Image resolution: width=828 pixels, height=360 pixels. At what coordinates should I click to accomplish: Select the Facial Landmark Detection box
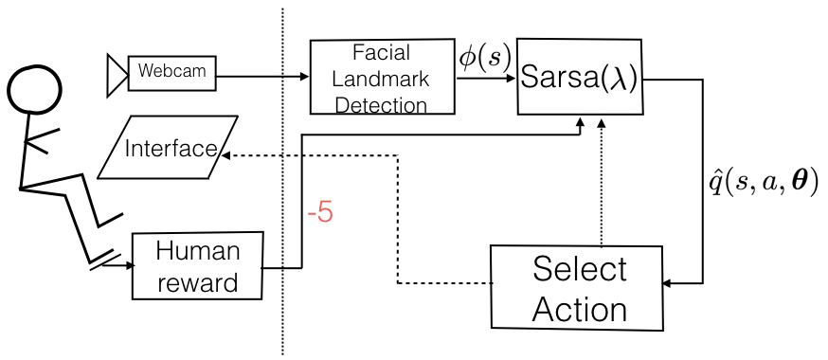[383, 77]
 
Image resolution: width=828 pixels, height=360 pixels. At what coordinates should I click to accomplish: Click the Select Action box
[575, 290]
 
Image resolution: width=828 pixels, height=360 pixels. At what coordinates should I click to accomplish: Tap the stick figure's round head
[35, 89]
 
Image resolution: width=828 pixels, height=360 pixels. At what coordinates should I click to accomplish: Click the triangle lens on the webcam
[117, 73]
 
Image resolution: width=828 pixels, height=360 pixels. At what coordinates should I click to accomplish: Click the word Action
[580, 309]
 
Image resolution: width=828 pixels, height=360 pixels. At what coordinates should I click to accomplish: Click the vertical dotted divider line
[282, 189]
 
